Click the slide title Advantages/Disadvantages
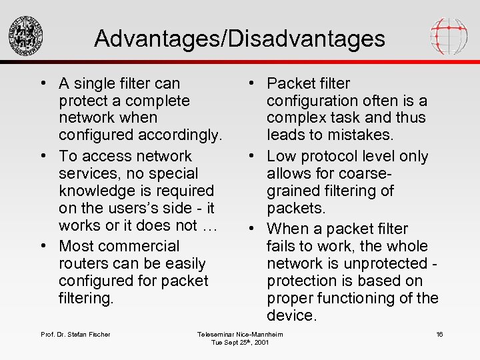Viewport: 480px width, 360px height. (x=239, y=38)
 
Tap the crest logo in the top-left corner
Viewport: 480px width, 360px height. (x=26, y=35)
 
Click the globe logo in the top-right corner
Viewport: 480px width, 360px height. (x=448, y=35)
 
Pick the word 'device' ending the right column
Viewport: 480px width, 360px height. (x=291, y=315)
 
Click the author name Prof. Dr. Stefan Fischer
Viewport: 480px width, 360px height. (x=75, y=334)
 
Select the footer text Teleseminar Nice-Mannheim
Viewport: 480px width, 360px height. (x=240, y=334)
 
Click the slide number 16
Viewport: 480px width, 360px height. (x=439, y=334)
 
